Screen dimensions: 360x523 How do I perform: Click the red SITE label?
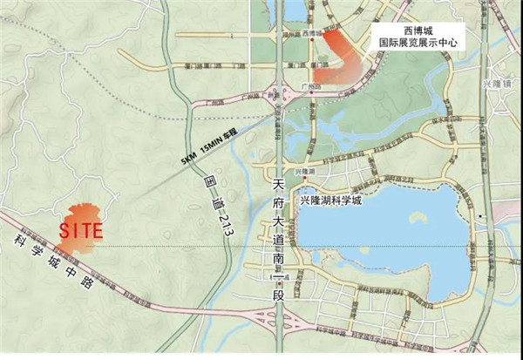(81, 232)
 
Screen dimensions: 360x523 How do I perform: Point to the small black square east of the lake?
(480, 214)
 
